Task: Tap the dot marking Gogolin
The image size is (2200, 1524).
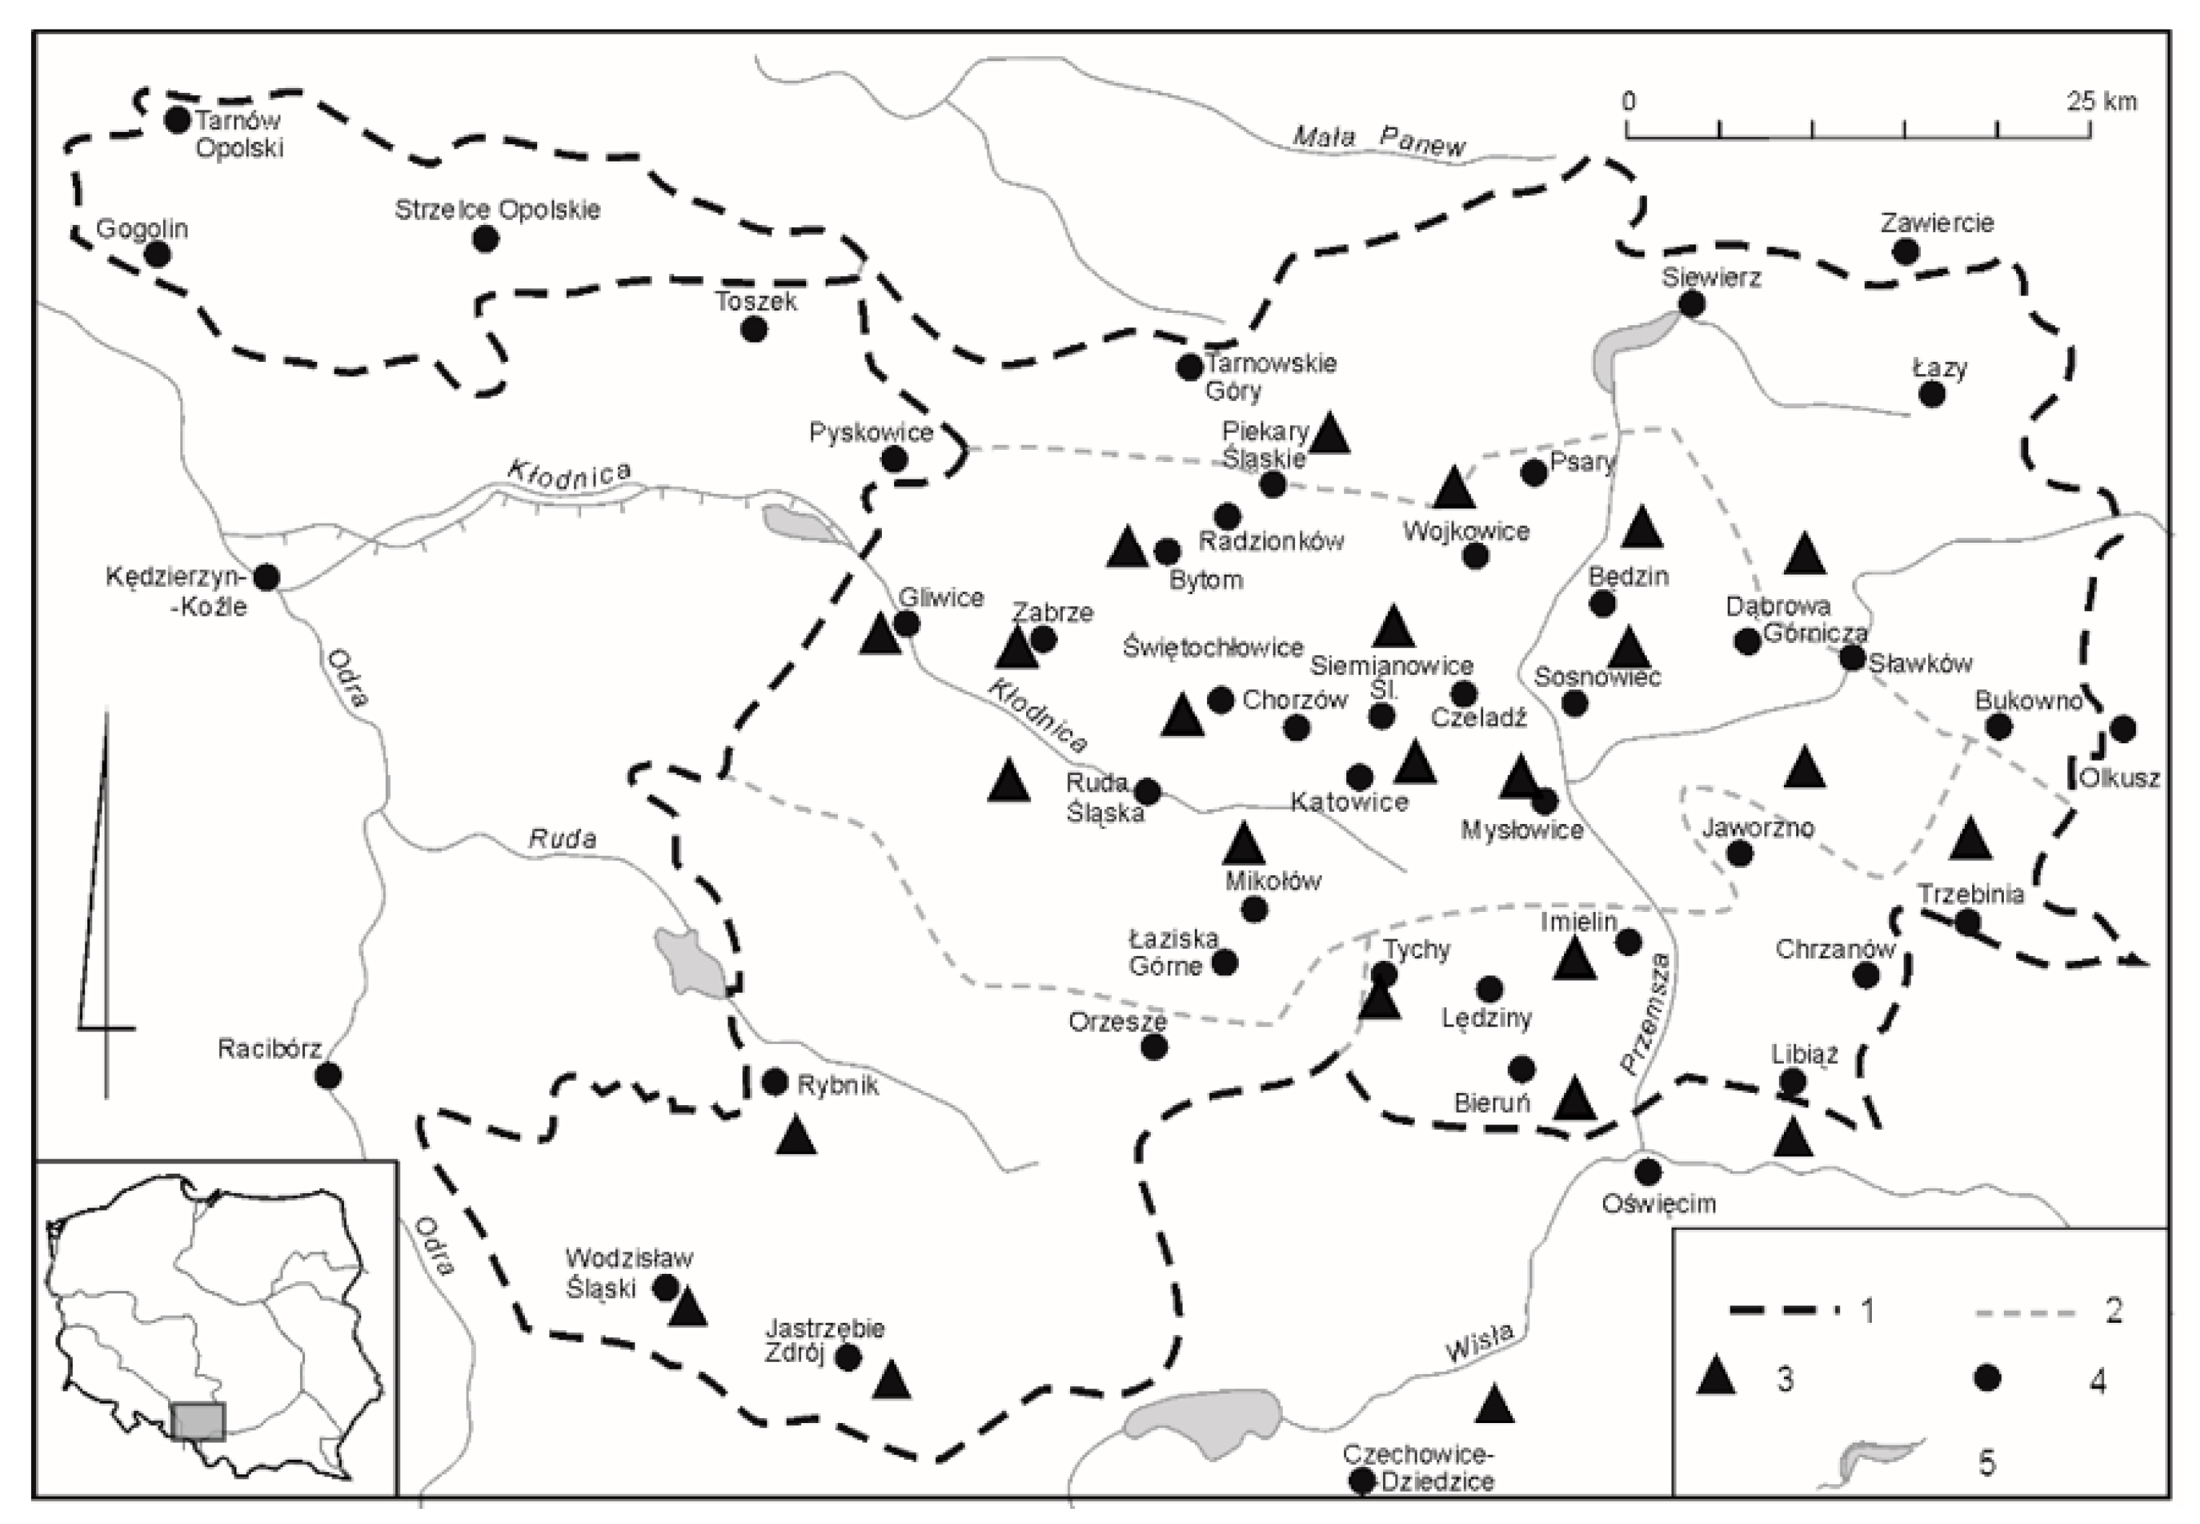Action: [x=157, y=254]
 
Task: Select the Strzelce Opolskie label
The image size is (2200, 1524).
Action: [x=498, y=210]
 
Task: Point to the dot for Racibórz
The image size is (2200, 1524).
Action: [x=329, y=1076]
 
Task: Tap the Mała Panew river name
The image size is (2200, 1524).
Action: [x=1378, y=141]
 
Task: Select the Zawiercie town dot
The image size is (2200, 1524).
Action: [x=1906, y=252]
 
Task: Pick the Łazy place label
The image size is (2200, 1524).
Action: [x=1939, y=368]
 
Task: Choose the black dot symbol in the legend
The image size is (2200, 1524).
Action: [x=1987, y=1378]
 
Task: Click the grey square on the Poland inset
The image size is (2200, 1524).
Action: [x=198, y=1421]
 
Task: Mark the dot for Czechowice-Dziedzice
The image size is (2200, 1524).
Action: [x=1361, y=1507]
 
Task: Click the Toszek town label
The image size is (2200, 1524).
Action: [x=756, y=302]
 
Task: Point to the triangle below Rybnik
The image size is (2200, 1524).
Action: [x=795, y=1136]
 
